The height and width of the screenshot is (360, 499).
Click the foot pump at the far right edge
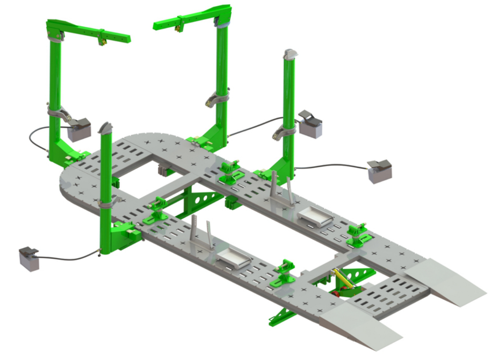pos(380,170)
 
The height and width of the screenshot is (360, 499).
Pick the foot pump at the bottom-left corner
pos(30,258)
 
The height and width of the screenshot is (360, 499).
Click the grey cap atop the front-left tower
pos(105,128)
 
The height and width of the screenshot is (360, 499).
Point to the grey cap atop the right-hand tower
pos(290,55)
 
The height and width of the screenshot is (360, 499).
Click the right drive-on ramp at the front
pos(445,279)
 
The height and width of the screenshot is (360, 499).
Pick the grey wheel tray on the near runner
pos(234,260)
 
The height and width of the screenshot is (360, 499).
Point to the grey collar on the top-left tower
pos(57,112)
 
